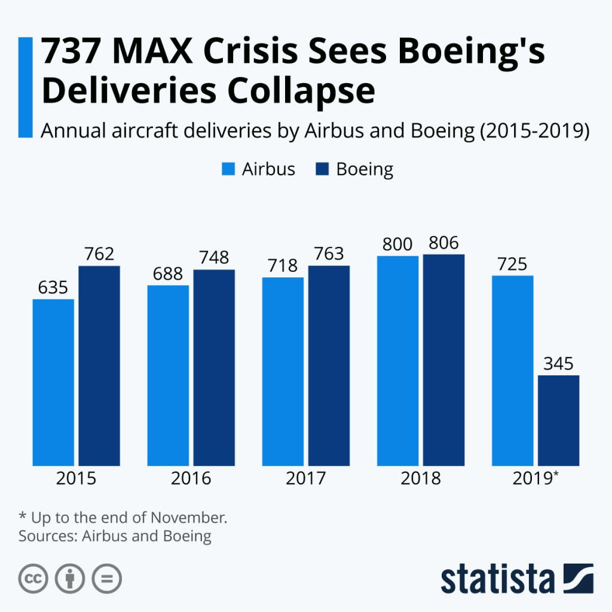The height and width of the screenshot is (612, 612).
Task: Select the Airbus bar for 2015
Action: point(54,382)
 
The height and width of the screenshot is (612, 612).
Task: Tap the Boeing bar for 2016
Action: point(214,368)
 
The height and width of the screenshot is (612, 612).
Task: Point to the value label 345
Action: point(559,363)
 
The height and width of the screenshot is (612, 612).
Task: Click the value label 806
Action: point(443,243)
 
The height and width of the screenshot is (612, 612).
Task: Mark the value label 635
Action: point(54,287)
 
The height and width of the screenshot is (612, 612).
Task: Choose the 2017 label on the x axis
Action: point(305,479)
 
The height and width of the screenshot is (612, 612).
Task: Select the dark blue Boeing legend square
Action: point(322,169)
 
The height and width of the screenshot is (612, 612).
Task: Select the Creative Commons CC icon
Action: point(33,579)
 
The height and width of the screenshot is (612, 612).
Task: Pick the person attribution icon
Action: point(70,579)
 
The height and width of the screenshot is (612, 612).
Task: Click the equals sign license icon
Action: point(107,579)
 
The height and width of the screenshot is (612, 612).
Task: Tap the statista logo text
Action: point(497,579)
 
